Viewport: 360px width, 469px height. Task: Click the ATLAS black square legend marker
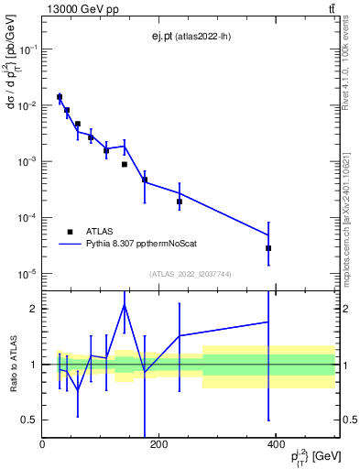tap(70, 232)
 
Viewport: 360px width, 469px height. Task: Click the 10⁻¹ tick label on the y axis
tap(29, 49)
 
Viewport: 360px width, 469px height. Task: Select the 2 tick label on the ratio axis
tap(35, 309)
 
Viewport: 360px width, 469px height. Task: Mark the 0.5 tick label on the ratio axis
tap(30, 420)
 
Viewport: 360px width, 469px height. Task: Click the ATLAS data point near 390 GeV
tap(268, 248)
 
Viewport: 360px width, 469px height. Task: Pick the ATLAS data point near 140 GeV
tap(125, 164)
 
